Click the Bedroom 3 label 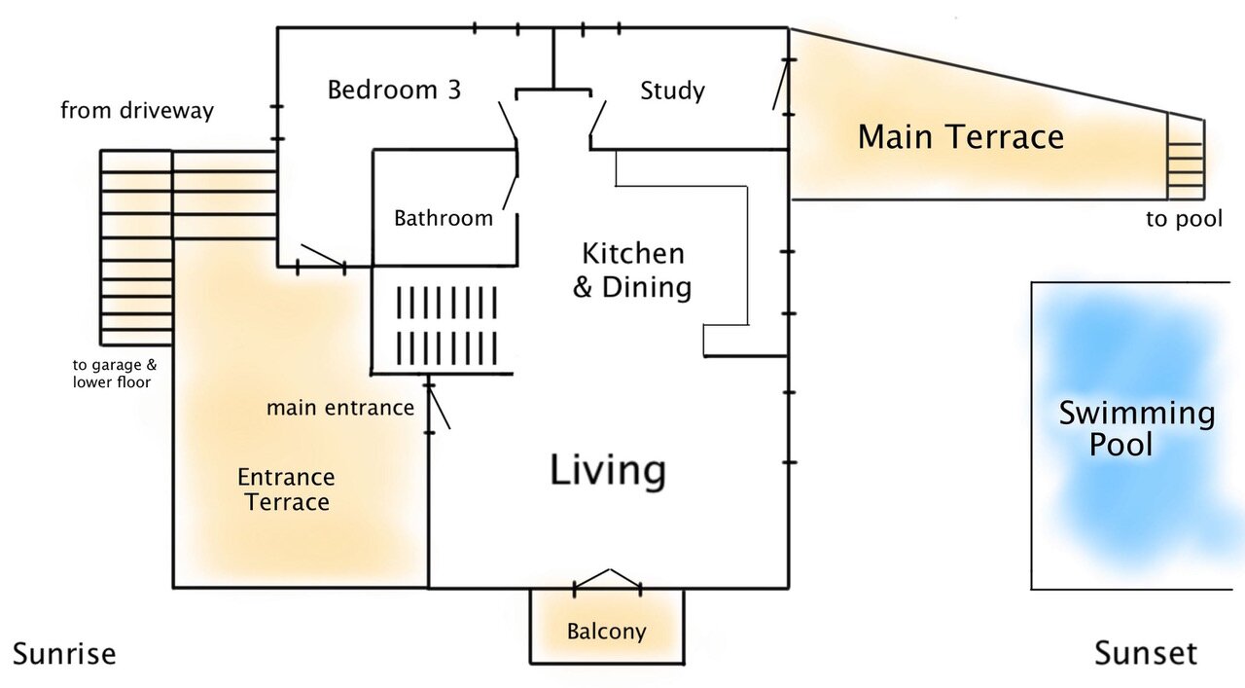394,90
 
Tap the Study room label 672,91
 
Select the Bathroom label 444,218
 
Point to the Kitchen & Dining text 632,271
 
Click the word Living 608,471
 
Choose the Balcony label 606,632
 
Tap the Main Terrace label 960,137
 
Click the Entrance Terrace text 286,489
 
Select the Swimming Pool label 1137,428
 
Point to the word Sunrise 64,654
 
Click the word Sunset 1146,654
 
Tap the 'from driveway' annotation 137,111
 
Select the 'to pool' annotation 1184,219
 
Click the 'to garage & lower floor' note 115,374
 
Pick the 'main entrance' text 340,408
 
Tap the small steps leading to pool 1186,159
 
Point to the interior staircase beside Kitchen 446,325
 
